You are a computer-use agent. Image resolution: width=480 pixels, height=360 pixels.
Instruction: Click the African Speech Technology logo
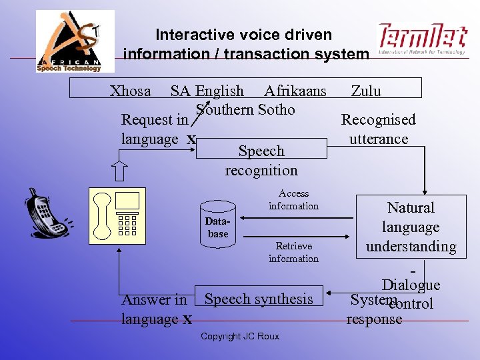tap(75, 41)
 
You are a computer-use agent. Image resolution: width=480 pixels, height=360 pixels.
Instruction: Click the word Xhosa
tap(131, 91)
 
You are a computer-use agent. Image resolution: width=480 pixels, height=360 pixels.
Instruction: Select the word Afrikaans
tap(295, 91)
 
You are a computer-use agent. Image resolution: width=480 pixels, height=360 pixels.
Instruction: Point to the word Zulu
tap(366, 91)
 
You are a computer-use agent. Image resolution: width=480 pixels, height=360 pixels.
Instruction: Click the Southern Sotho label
tap(245, 109)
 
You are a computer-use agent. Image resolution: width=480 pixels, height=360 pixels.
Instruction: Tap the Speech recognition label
tap(261, 161)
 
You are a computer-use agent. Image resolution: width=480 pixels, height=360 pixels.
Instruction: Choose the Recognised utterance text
tap(378, 129)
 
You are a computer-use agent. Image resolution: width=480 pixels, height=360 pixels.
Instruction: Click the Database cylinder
tap(218, 223)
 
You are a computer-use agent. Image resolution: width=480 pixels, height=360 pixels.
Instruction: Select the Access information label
tap(293, 200)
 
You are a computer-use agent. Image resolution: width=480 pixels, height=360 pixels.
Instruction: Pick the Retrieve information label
tap(293, 252)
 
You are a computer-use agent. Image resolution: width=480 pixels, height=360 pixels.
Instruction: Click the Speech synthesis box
tap(259, 299)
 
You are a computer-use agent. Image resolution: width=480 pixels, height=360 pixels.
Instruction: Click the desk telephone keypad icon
tap(127, 224)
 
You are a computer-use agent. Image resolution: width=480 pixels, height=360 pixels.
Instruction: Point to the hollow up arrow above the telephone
tap(119, 171)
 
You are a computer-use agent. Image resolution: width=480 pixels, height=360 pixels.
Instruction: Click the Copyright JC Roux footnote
tap(240, 336)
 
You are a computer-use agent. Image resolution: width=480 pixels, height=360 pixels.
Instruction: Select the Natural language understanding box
tap(411, 227)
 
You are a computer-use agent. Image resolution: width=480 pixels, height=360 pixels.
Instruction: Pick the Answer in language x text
tap(156, 310)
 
